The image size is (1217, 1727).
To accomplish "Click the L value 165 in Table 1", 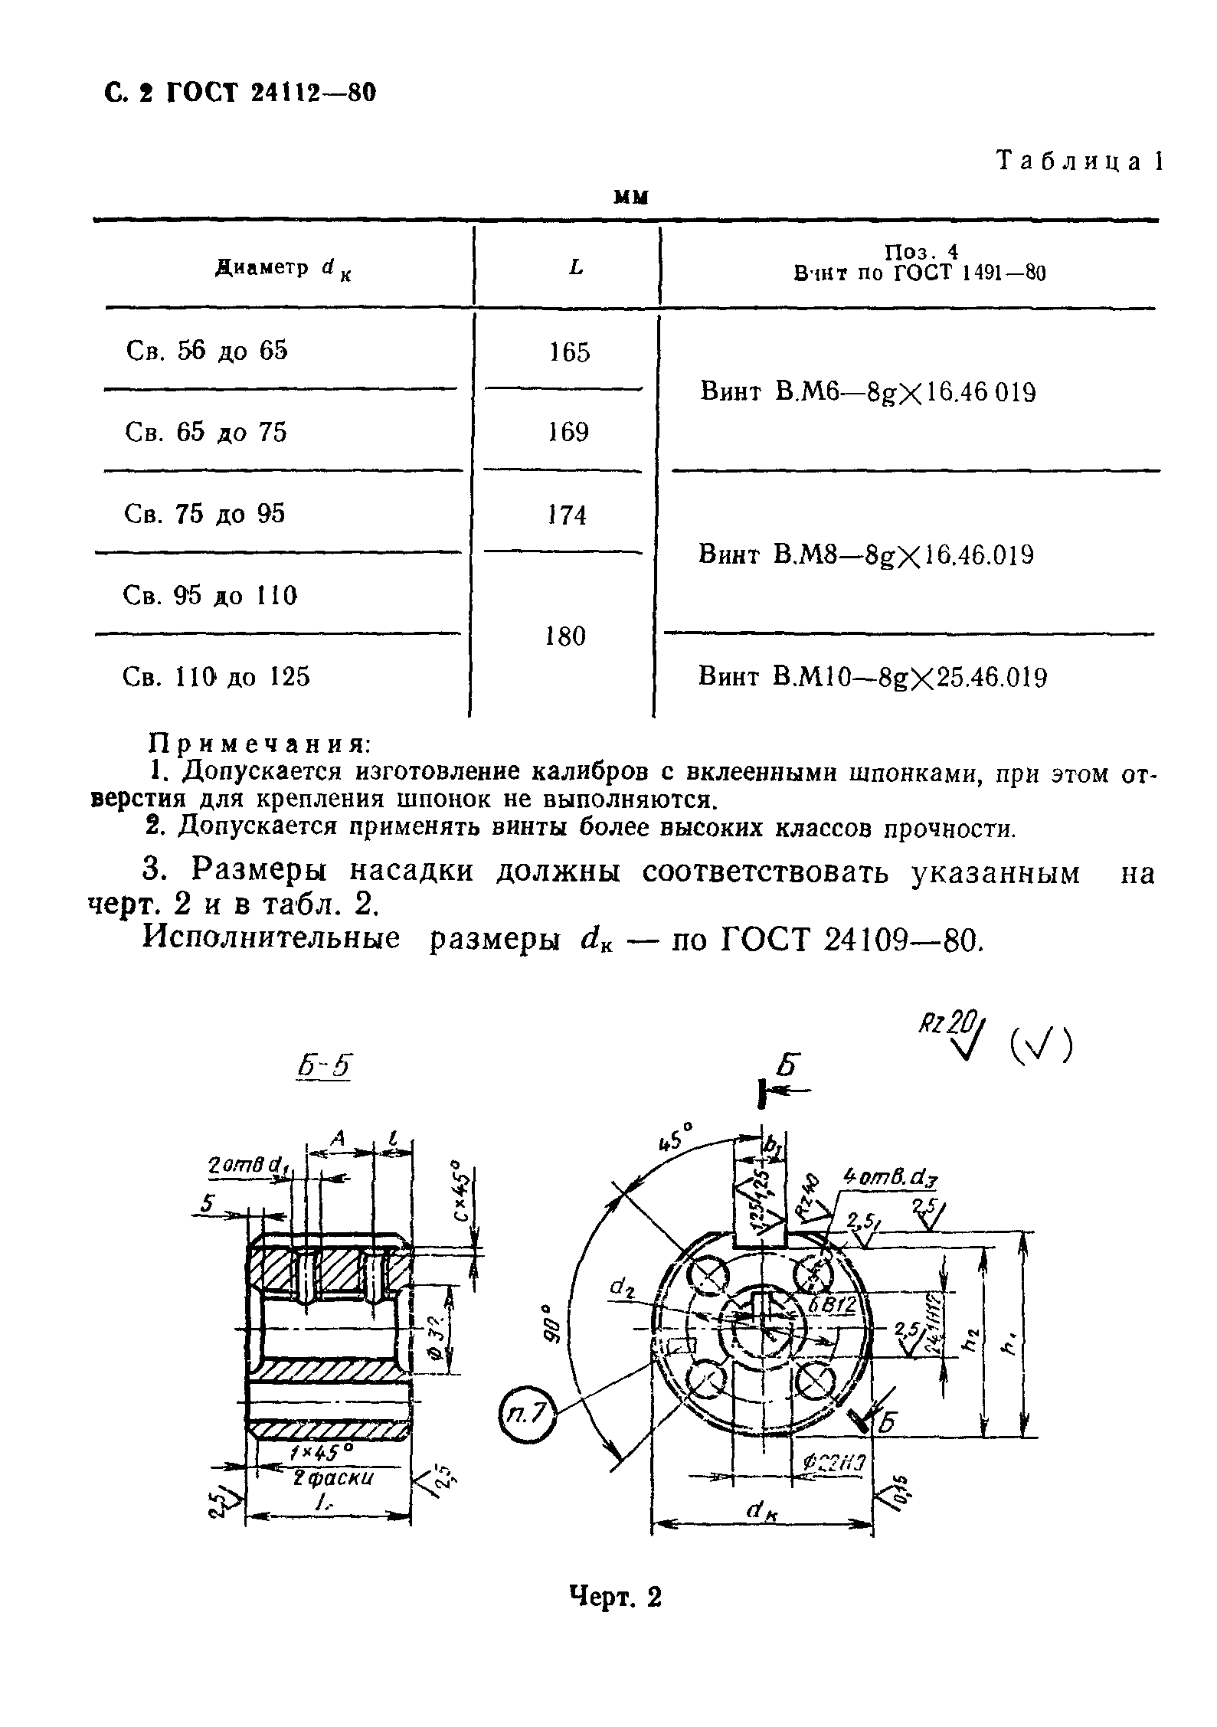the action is (x=571, y=353).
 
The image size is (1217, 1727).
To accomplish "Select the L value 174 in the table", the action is (x=568, y=515).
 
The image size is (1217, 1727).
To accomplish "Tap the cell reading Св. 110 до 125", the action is (x=217, y=677).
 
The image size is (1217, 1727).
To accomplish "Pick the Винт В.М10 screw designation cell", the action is (x=872, y=678).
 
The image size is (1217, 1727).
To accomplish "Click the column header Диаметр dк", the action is (x=284, y=269).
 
